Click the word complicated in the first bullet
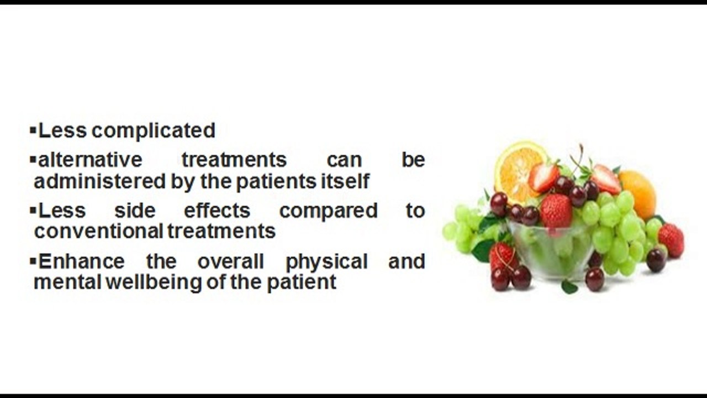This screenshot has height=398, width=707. click(x=153, y=131)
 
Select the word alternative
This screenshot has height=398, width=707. click(x=90, y=160)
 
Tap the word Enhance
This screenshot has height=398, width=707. click(x=82, y=261)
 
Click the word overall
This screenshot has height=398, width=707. click(x=231, y=261)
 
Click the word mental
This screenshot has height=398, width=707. click(x=67, y=282)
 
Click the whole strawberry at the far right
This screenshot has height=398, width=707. click(x=671, y=240)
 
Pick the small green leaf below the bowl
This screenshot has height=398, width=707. click(x=568, y=286)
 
